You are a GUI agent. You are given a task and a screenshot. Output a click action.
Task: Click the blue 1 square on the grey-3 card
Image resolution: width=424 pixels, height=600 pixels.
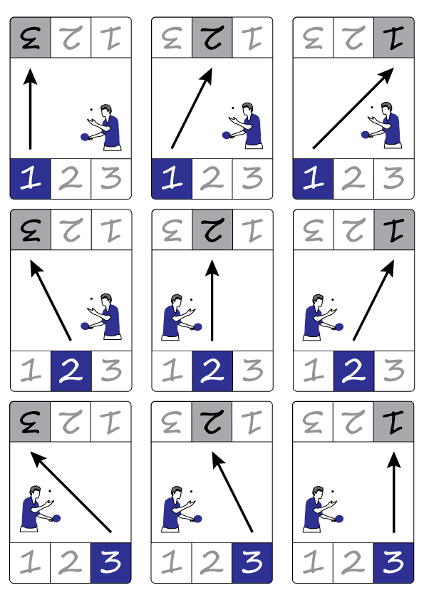point(30,179)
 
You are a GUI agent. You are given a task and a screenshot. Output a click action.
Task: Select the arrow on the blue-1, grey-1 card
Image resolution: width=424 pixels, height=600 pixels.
point(353,108)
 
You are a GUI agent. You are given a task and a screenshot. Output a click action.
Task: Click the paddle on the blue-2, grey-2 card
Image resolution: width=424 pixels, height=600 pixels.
point(198,327)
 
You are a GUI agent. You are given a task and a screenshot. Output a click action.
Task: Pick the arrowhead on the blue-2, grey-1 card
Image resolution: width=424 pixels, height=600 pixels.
point(388,267)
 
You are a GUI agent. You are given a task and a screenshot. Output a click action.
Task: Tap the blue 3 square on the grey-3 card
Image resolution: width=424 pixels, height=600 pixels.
point(110,563)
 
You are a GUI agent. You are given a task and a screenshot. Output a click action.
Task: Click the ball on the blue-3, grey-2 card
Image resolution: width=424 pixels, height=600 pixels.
point(191,491)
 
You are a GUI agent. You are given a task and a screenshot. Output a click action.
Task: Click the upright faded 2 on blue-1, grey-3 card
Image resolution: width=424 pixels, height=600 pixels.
point(71,179)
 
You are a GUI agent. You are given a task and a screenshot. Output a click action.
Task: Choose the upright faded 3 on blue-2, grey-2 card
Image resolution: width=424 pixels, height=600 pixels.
point(252,371)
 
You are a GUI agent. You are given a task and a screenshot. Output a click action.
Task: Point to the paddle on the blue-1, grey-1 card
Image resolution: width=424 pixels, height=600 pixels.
point(365,134)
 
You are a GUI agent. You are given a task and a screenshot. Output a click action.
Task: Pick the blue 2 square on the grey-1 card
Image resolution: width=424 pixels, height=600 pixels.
point(354,371)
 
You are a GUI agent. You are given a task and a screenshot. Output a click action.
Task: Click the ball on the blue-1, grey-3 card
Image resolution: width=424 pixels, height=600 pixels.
point(91,110)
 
